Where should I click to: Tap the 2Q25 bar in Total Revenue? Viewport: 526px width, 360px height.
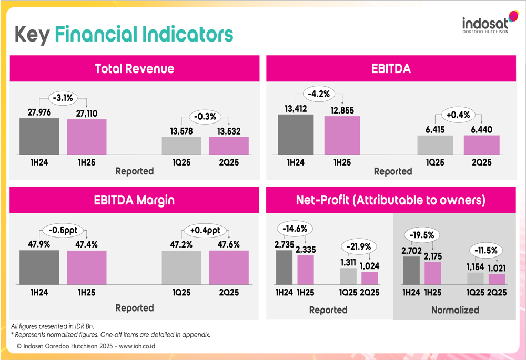point(229,146)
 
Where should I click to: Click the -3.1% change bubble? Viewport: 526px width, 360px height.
point(63,97)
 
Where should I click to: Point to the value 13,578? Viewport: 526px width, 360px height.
point(181,131)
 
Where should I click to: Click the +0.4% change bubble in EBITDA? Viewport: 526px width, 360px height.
point(459,115)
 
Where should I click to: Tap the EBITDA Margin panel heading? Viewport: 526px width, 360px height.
point(134,200)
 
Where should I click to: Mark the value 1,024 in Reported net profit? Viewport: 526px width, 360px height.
point(369,266)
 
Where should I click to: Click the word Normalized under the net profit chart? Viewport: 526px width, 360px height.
point(455,310)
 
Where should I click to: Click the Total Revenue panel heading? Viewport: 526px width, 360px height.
point(134,68)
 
